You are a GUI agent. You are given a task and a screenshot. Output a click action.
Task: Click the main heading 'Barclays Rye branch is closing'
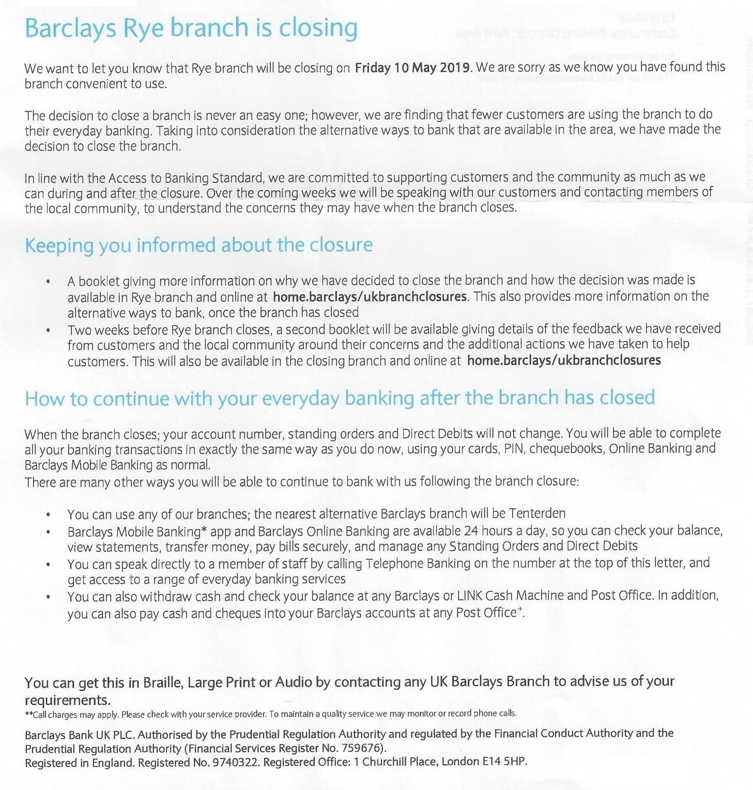click(191, 28)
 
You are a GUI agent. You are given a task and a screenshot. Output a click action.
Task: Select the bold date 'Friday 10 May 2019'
click(412, 68)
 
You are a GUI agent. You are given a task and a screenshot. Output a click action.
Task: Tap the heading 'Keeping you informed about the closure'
click(198, 244)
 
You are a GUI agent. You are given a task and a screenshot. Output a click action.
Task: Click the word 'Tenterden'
click(537, 513)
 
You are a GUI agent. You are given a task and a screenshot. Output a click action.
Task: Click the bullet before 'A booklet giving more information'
click(48, 282)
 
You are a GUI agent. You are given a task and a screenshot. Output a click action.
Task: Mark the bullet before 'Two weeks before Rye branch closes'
click(48, 330)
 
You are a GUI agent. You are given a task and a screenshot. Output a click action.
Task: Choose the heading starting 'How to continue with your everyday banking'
click(340, 398)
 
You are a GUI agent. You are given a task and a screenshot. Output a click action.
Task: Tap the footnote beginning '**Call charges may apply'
click(270, 714)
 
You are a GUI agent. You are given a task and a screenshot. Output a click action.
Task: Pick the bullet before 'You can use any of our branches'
click(48, 515)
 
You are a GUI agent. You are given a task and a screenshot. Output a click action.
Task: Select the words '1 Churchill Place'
click(396, 762)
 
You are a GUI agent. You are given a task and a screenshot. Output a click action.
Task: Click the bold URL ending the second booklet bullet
click(563, 360)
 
